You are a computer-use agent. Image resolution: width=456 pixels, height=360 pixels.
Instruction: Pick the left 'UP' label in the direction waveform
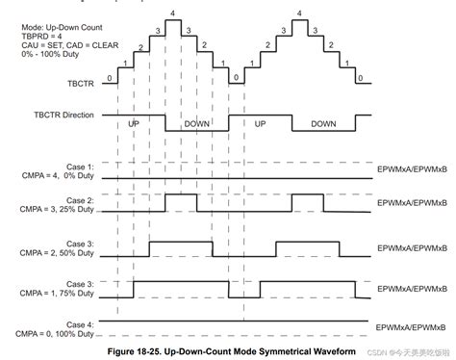tap(133, 124)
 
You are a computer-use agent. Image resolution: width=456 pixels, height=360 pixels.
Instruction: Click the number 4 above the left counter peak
tap(172, 12)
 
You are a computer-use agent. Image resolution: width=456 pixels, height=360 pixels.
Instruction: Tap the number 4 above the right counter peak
tap(301, 12)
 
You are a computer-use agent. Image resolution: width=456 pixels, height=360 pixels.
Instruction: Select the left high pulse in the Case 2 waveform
tap(181, 202)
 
